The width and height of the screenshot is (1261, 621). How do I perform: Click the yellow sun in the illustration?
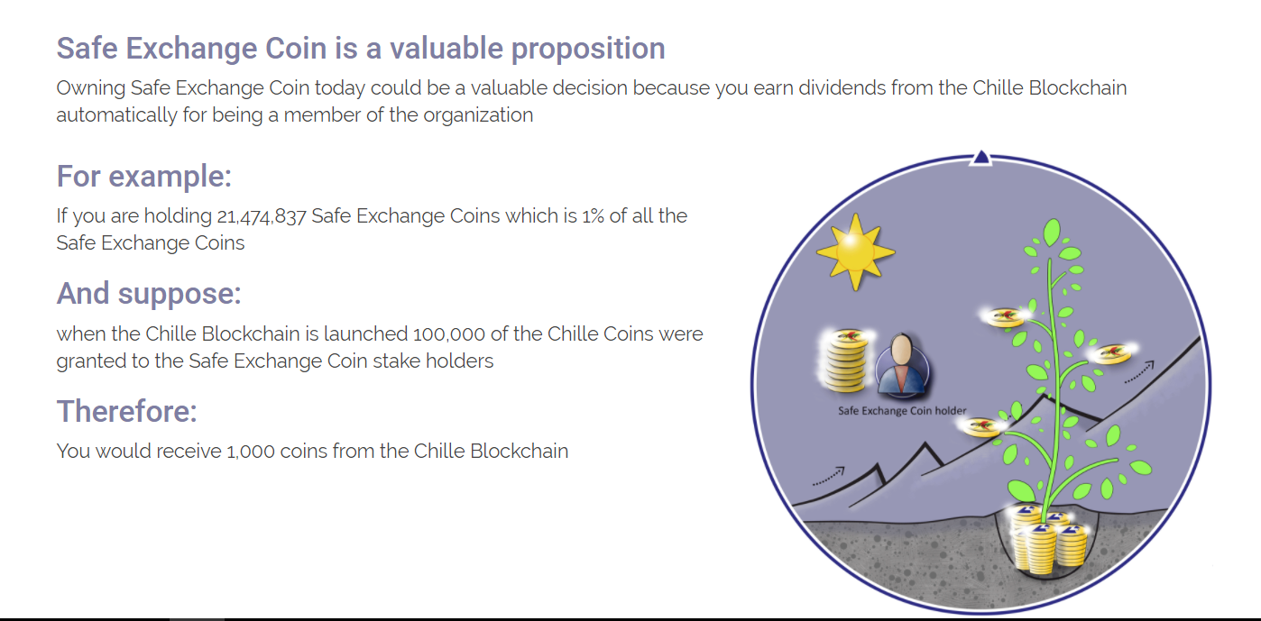click(x=855, y=251)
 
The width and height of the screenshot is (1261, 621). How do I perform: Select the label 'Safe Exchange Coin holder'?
click(x=902, y=411)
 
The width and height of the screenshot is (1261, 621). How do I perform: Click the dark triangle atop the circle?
click(x=981, y=157)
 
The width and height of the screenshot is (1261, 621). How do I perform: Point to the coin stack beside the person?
click(x=846, y=360)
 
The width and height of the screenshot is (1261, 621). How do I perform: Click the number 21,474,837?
click(x=262, y=216)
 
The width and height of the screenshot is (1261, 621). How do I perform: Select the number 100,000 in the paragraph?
click(x=448, y=334)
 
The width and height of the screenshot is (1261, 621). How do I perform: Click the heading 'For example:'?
click(x=144, y=176)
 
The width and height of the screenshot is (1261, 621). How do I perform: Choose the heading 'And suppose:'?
click(x=149, y=294)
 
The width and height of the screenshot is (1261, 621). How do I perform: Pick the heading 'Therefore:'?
click(x=126, y=411)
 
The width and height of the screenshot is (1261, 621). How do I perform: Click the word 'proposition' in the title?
click(x=588, y=49)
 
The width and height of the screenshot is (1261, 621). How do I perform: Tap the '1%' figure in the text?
click(x=593, y=216)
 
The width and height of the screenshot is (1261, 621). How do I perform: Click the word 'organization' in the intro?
click(x=478, y=115)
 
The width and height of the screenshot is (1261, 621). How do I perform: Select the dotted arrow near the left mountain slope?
click(x=829, y=476)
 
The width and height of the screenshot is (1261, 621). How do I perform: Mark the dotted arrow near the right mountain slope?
click(x=1139, y=372)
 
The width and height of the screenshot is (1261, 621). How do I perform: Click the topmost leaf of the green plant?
click(x=1051, y=232)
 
